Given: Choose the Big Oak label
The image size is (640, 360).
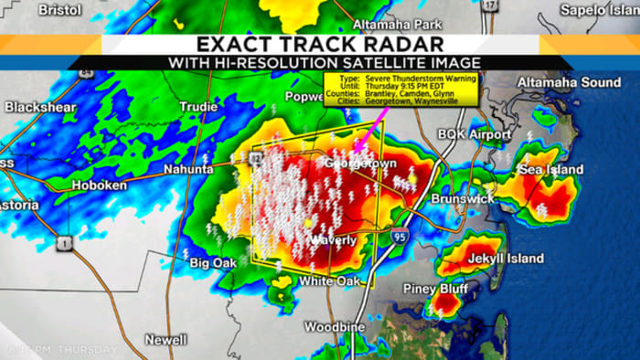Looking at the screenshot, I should [212, 263].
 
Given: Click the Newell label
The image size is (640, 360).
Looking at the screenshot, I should [165, 339].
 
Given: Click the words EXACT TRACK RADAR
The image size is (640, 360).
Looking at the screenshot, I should [320, 44].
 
